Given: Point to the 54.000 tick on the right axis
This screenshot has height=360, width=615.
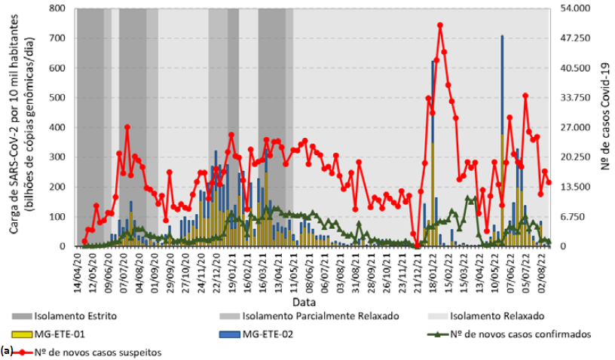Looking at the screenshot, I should pos(578,8).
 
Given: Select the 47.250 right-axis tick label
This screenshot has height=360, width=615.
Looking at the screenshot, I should pos(578,38).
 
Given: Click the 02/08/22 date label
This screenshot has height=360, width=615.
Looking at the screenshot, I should pos(550,264).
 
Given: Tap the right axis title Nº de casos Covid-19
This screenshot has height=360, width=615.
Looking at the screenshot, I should pos(605,127).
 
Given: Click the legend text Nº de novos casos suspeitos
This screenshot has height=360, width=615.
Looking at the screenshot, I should pos(105,351).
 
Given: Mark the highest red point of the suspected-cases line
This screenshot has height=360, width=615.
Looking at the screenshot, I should pos(440,25).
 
